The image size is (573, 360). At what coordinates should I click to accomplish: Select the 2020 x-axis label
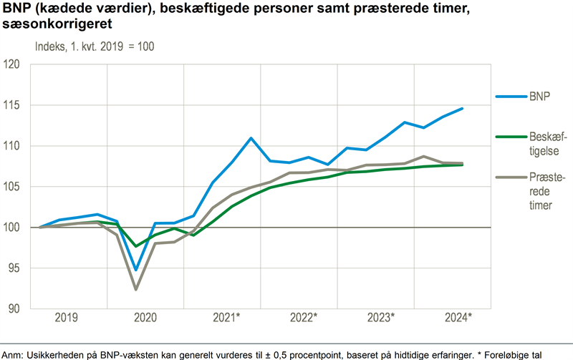click(145, 317)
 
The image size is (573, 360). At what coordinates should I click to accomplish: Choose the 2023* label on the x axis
click(379, 317)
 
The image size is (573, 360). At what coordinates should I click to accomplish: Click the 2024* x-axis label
click(456, 317)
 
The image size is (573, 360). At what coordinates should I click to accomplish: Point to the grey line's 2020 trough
click(136, 289)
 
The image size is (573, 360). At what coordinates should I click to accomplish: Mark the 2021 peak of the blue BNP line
click(251, 138)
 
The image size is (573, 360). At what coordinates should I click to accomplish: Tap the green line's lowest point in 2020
click(136, 246)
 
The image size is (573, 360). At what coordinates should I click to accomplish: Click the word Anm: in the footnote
click(15, 354)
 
